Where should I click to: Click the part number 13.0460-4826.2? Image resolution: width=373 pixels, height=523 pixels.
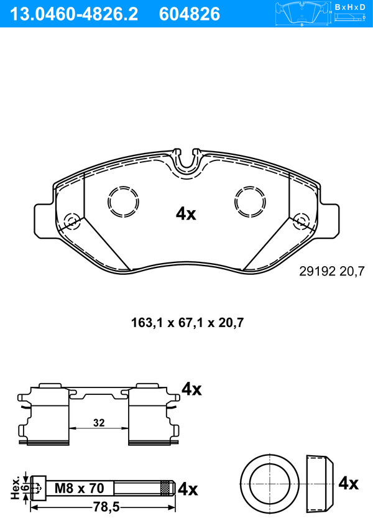[x=74, y=14]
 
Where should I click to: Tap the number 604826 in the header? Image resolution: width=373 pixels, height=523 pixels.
[x=190, y=14]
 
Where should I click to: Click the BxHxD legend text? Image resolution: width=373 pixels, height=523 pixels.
[x=349, y=7]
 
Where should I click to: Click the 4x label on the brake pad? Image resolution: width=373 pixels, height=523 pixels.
[x=186, y=213]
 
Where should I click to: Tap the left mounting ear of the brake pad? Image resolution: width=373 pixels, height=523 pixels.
[x=44, y=221]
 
